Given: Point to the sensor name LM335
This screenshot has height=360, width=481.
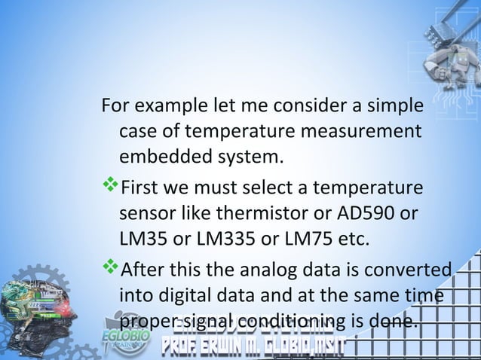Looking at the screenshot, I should pyautogui.click(x=219, y=241).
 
